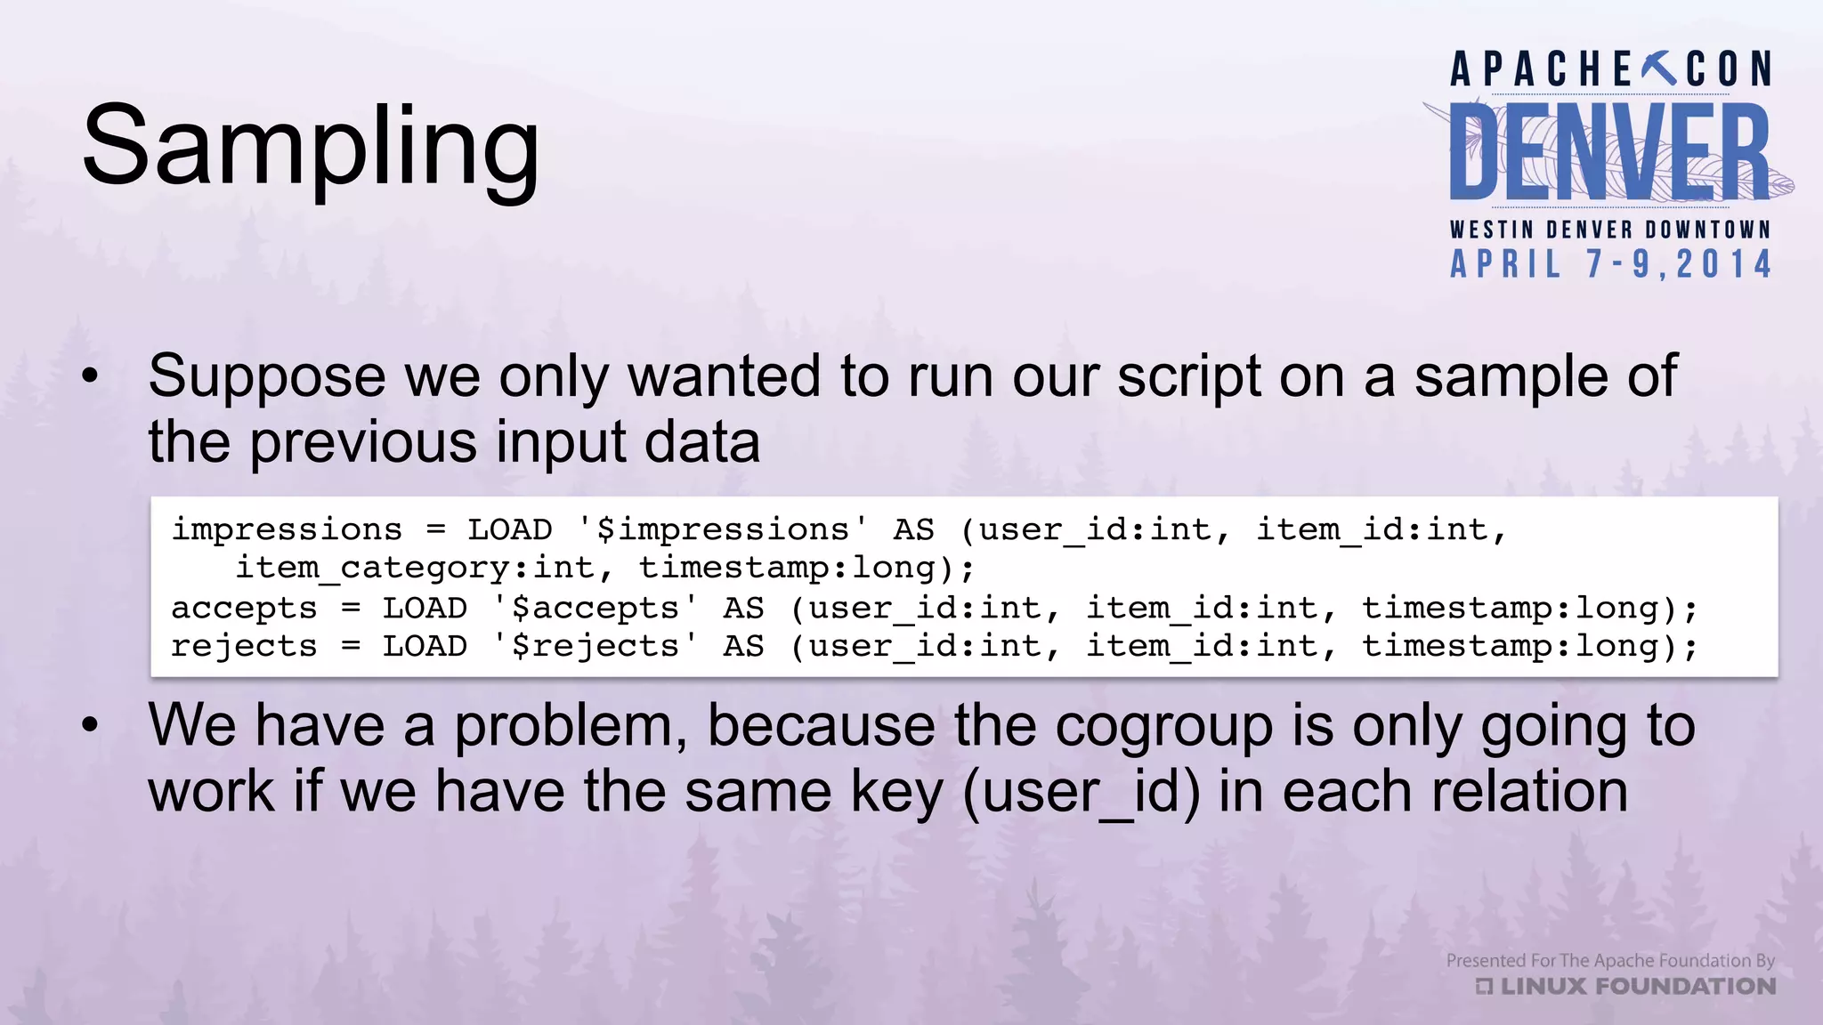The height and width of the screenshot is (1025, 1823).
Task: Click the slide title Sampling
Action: (311, 148)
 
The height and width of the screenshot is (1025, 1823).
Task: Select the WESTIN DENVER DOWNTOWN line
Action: (1610, 230)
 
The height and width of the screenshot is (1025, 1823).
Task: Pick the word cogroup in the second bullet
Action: (1165, 726)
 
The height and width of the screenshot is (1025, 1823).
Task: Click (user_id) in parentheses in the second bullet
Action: (1082, 792)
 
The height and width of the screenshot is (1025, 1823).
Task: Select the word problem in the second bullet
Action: (571, 726)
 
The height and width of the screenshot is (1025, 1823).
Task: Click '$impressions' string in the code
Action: (722, 530)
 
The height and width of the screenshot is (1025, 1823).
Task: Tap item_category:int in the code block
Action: (415, 568)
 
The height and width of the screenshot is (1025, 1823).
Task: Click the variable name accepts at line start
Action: (244, 609)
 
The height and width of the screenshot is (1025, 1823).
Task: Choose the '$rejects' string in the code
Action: (595, 647)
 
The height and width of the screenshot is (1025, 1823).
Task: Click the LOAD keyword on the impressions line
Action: (510, 530)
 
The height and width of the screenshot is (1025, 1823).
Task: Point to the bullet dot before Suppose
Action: (90, 377)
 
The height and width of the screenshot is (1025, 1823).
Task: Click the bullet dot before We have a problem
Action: (90, 726)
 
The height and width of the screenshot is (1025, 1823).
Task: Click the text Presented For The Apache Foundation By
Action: (1610, 960)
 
